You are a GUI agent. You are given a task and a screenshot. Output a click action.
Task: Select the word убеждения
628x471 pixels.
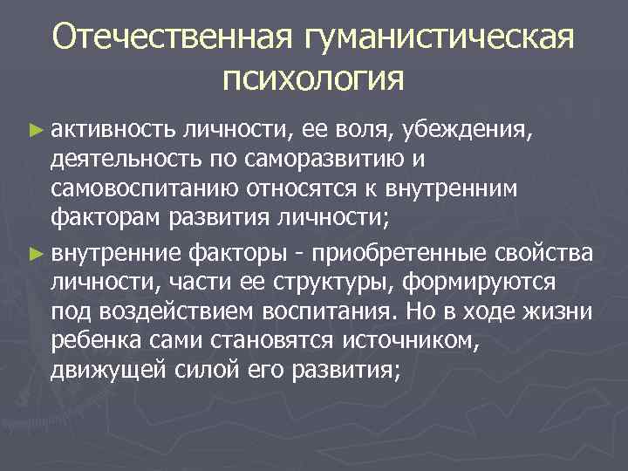[x=476, y=130]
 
